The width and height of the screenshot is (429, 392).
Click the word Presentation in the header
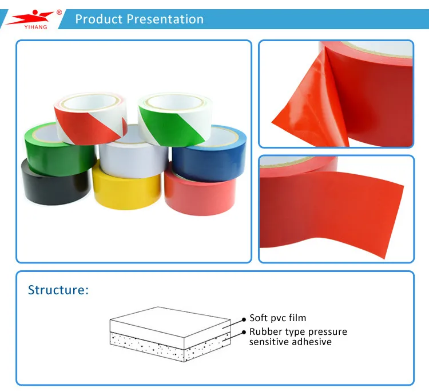[x=165, y=19]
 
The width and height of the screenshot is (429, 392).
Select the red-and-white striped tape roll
[x=91, y=118]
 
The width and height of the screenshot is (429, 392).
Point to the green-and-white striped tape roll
[x=175, y=119]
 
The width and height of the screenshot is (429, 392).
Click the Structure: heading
[x=58, y=290]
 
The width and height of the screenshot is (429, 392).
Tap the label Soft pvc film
[x=277, y=318]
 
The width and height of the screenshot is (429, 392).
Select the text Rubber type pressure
[x=298, y=331]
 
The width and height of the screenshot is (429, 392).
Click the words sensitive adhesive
[x=290, y=342]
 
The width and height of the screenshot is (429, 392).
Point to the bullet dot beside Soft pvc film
[x=244, y=319]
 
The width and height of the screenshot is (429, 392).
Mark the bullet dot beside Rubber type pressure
[x=244, y=333]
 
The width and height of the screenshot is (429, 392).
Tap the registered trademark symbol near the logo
[x=59, y=13]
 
